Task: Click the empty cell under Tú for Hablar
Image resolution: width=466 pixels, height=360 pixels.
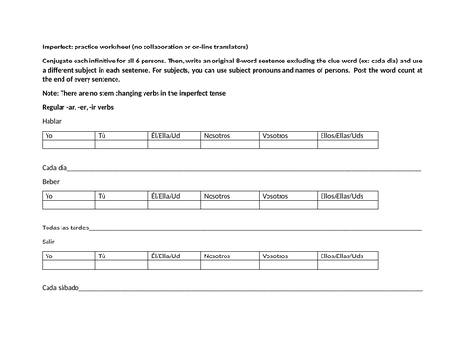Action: (x=121, y=145)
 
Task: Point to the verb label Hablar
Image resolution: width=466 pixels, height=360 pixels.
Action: (x=53, y=121)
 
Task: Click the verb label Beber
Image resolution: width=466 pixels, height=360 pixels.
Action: (x=52, y=181)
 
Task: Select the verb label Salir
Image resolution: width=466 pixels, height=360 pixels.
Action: (x=50, y=241)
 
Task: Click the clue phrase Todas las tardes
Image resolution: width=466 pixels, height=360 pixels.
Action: (x=65, y=227)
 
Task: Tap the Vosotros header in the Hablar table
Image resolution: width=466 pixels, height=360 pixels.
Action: (x=276, y=136)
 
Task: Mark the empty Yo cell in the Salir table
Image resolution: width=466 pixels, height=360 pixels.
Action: (x=68, y=265)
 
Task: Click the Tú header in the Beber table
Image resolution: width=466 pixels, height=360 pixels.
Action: (x=103, y=196)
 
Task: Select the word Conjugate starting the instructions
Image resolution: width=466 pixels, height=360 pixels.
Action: (x=60, y=61)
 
